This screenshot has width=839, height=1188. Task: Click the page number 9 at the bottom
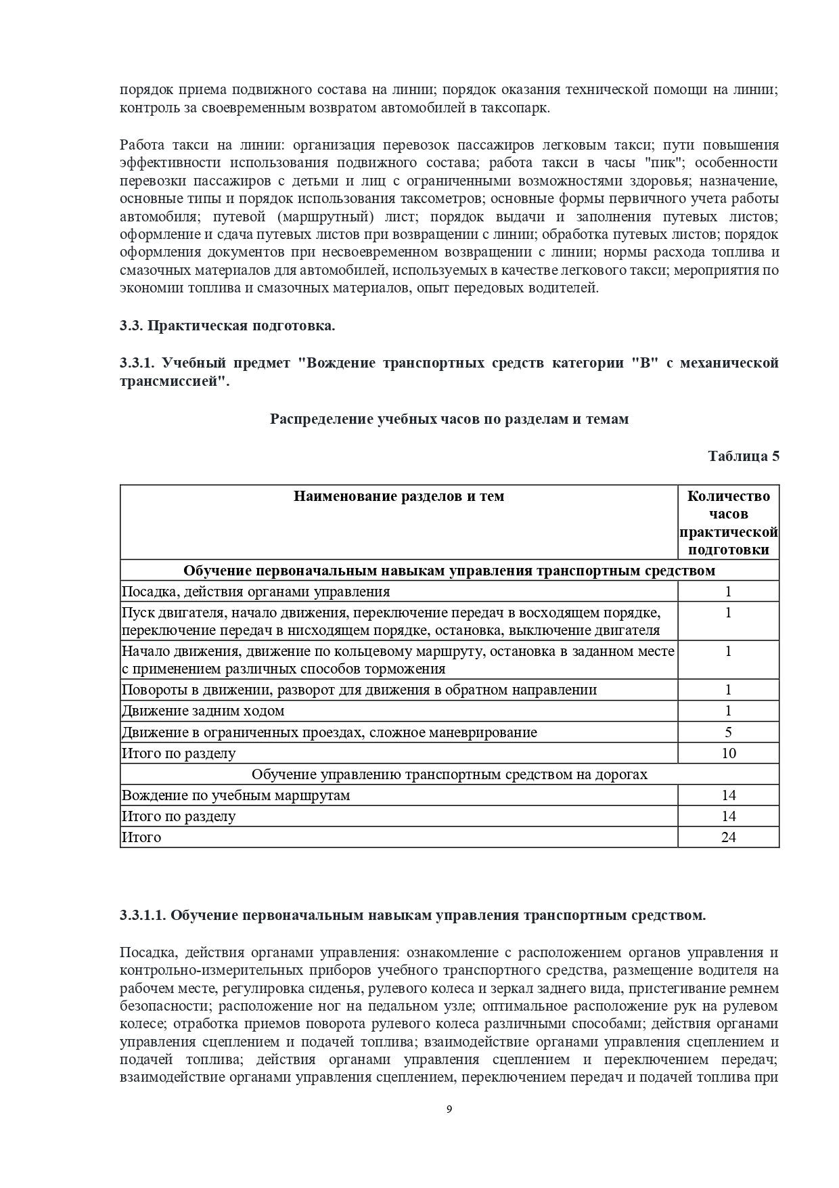(x=449, y=1109)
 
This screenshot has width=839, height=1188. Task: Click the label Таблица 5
(x=743, y=456)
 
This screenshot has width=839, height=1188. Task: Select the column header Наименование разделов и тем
(x=399, y=496)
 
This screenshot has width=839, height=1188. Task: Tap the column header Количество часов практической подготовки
(x=728, y=523)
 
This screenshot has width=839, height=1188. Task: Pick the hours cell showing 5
(x=728, y=732)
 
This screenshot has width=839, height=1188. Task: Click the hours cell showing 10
(x=728, y=753)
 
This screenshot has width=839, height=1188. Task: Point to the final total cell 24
(x=728, y=837)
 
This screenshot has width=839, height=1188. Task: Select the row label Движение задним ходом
(x=203, y=711)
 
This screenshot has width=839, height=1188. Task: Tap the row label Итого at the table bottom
(x=141, y=837)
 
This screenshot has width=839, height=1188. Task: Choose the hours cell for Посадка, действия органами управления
(x=728, y=591)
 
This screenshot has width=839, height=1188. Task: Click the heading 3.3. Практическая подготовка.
(x=227, y=326)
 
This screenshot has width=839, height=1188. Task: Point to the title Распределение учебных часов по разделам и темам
(x=449, y=419)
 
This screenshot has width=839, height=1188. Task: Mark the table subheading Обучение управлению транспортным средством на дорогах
(x=449, y=774)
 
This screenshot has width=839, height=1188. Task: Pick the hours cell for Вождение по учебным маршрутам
(x=728, y=795)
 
